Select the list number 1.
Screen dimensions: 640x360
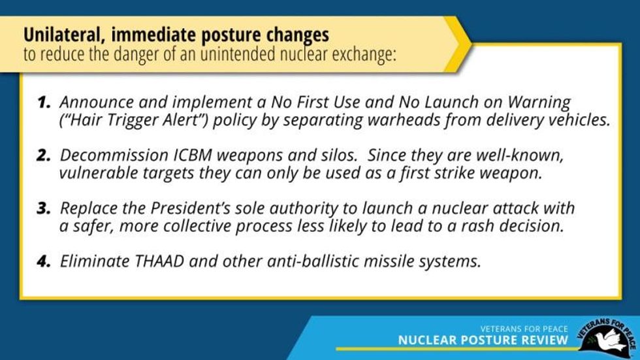[x=44, y=103]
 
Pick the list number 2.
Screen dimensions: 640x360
[x=44, y=155]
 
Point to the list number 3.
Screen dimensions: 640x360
[x=44, y=208]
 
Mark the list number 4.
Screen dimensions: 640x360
[x=44, y=261]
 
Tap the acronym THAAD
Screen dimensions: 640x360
[x=159, y=261]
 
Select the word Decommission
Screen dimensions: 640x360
[x=114, y=156]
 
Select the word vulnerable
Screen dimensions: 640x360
[x=98, y=173]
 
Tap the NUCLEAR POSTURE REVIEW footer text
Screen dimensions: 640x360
[x=483, y=340]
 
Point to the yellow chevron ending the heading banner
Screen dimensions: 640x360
[x=458, y=44]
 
